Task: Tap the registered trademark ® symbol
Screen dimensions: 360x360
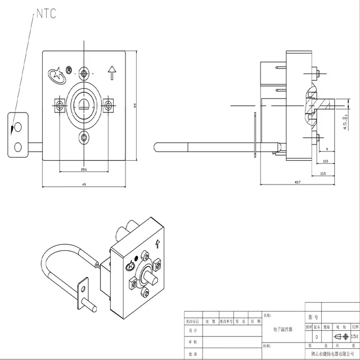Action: click(69, 70)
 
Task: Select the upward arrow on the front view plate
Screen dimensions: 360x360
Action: click(111, 72)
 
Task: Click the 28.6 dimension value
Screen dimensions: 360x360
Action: click(83, 169)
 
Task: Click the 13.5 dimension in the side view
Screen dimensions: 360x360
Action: click(322, 174)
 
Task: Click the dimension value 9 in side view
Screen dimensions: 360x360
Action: click(327, 148)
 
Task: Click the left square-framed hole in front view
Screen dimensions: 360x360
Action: click(59, 104)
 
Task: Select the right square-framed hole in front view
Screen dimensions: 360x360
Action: click(107, 104)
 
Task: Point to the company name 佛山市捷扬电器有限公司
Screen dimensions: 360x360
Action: click(326, 355)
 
